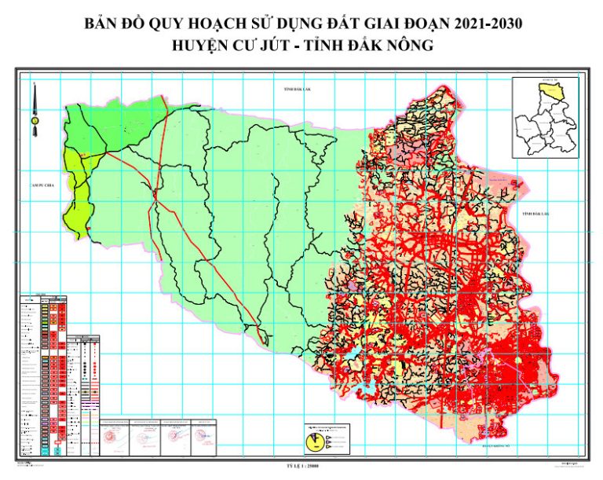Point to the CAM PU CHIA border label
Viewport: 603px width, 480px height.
point(32,185)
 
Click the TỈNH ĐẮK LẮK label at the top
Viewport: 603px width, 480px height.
point(298,90)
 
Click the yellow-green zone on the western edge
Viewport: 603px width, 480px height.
point(77,192)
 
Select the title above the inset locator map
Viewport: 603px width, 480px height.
point(545,79)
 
